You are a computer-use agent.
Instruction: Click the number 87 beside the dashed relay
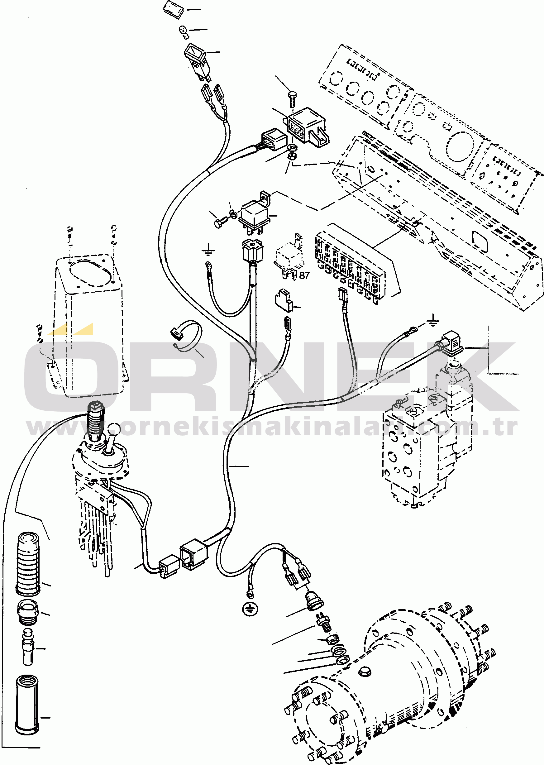304,275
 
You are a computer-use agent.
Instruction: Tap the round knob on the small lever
114,428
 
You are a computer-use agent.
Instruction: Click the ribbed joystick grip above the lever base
96,421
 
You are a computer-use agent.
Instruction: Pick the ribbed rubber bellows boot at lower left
28,563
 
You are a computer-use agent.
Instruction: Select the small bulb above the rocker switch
183,31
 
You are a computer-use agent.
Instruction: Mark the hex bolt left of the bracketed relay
220,222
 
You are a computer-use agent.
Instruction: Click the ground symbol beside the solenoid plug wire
433,321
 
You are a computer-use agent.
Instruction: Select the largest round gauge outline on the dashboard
461,146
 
